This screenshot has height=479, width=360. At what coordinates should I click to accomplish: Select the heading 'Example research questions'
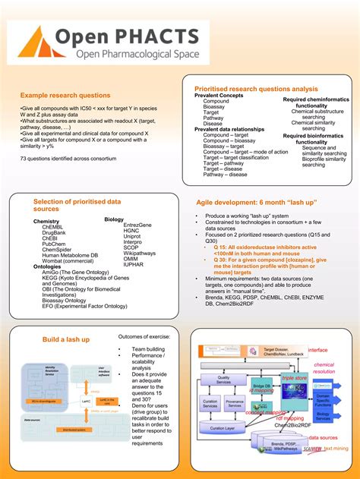click(x=65, y=96)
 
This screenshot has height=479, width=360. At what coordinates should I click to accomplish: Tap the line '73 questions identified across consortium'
click(x=68, y=158)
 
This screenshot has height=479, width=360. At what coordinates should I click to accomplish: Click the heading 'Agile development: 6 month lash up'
click(x=245, y=203)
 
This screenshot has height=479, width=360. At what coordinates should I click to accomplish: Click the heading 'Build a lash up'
click(x=66, y=339)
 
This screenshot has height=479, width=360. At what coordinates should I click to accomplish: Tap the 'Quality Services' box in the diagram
click(x=223, y=380)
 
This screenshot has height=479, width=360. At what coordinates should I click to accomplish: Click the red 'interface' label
click(x=317, y=350)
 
